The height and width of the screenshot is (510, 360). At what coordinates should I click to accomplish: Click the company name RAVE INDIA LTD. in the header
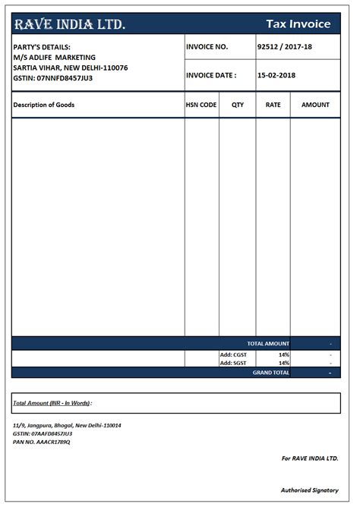70,24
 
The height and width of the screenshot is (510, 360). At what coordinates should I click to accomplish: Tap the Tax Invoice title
298,24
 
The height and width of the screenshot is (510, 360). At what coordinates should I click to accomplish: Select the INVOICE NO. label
207,47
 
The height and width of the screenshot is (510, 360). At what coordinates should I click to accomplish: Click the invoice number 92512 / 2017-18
284,47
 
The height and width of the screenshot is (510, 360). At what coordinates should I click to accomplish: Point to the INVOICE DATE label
211,75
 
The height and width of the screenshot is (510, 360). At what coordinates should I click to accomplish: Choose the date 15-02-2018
276,75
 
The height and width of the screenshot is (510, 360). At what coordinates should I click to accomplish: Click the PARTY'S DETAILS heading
42,47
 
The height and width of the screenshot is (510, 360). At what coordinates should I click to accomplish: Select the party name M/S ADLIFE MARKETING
55,57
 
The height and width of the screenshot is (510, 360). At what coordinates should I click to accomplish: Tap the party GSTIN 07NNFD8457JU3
53,77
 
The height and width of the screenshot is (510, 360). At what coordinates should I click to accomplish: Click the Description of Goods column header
44,105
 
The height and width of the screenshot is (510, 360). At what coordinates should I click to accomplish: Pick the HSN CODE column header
201,105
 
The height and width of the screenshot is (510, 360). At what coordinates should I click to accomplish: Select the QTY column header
237,105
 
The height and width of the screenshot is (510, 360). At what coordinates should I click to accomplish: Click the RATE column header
273,105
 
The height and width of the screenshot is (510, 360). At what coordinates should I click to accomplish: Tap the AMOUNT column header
315,105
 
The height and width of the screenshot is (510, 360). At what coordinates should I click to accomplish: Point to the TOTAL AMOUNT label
268,344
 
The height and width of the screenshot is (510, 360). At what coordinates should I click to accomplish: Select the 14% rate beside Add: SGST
283,363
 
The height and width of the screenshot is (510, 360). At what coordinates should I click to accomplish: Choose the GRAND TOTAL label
270,373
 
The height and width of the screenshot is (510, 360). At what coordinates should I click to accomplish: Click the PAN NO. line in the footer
42,442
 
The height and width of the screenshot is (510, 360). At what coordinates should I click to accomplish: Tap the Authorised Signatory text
309,490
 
